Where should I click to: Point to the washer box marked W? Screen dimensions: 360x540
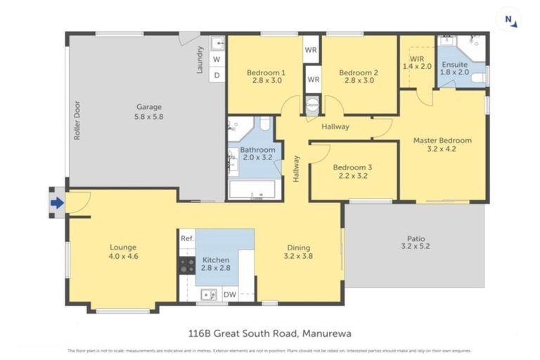217,59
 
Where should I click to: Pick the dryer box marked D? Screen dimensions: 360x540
217,75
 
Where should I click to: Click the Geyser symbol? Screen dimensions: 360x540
312,103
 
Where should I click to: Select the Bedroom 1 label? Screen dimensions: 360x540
266,76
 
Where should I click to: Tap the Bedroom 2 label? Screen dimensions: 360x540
359,76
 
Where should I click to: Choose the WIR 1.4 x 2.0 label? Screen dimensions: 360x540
416,62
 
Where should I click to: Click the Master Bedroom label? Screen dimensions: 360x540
442,144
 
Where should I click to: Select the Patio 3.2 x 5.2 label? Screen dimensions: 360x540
414,242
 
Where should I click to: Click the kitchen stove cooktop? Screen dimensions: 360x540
187,265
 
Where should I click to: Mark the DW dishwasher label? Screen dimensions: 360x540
229,295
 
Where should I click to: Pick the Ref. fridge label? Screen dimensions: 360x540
186,238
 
